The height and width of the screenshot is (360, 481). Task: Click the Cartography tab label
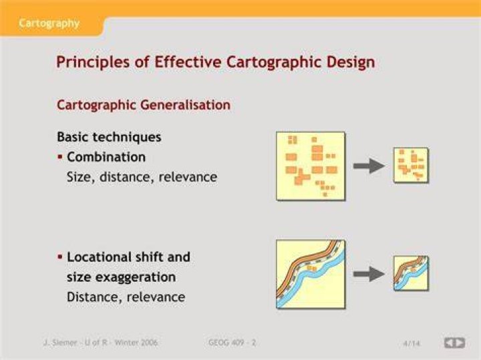pos(49,23)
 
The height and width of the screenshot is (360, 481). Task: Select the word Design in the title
pos(350,62)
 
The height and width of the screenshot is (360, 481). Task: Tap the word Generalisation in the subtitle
pos(185,105)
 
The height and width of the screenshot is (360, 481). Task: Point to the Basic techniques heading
pos(109,137)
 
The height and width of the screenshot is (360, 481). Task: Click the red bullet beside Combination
pos(60,158)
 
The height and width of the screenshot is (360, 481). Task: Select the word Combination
pos(106,157)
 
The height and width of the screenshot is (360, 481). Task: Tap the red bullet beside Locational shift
pos(60,256)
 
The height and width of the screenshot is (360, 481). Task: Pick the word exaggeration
pos(135,277)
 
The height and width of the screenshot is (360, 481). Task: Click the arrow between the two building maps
pos(369,166)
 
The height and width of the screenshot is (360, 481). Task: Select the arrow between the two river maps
pos(369,274)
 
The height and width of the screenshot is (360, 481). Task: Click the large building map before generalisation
pos(311,166)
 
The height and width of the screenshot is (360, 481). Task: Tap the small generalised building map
pos(411,165)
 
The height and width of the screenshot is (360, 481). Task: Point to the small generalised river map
pos(411,273)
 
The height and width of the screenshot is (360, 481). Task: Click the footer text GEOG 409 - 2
pos(232,343)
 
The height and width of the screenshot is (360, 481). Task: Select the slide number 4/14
pos(411,343)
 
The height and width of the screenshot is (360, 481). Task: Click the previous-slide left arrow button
pos(450,343)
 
